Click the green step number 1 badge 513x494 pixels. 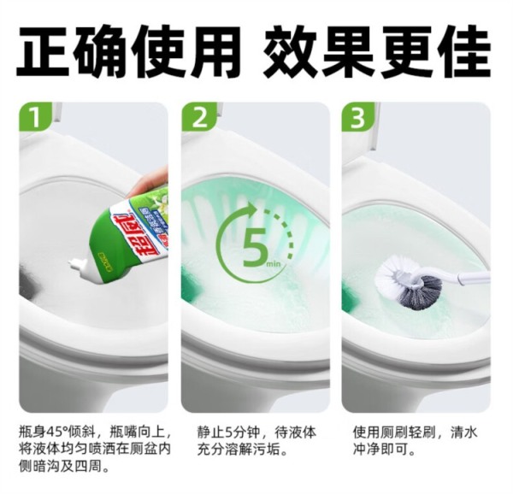(x=35, y=117)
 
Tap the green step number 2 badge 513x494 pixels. (x=198, y=117)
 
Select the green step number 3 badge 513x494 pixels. (x=358, y=117)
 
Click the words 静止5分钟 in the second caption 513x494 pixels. (x=228, y=432)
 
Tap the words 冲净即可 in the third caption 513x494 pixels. (x=380, y=450)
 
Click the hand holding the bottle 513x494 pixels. (x=153, y=183)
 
